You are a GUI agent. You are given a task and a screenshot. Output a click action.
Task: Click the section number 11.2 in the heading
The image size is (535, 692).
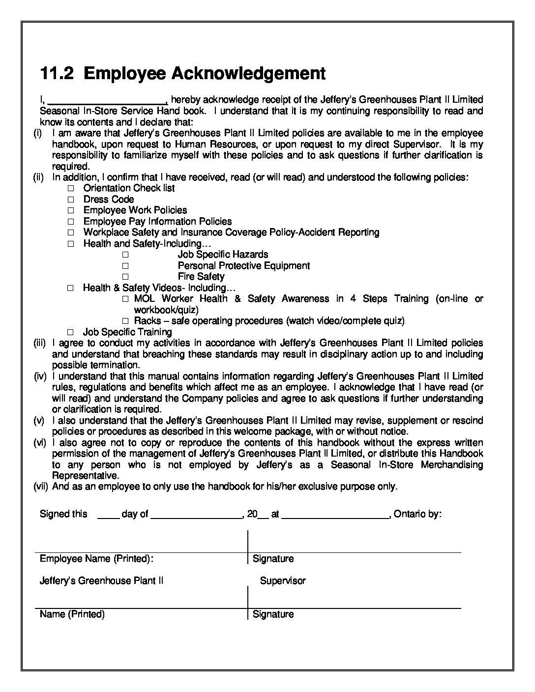(x=57, y=73)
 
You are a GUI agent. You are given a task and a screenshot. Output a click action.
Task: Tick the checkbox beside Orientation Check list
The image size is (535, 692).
(x=71, y=188)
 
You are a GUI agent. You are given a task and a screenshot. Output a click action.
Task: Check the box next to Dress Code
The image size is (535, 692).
(x=71, y=200)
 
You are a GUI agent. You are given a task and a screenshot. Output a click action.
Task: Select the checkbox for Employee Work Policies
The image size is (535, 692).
(x=71, y=210)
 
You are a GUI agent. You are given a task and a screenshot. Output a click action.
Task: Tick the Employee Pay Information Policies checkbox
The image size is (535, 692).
(x=71, y=222)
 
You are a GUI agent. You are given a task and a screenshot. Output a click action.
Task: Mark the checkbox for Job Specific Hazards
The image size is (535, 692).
(x=125, y=255)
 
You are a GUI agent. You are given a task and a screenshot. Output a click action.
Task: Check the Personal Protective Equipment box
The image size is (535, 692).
(x=125, y=266)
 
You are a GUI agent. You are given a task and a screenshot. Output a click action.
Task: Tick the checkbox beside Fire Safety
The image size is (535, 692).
(x=125, y=277)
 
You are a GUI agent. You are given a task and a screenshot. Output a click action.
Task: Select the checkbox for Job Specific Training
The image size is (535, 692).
(x=71, y=332)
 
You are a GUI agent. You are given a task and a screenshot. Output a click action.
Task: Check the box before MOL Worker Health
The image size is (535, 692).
(x=125, y=299)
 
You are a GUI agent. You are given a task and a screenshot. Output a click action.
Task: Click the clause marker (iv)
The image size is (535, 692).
(x=41, y=376)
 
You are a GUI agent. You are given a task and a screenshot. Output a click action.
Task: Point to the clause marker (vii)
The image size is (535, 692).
(x=41, y=487)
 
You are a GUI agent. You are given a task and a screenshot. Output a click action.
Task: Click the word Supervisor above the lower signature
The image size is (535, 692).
(x=283, y=581)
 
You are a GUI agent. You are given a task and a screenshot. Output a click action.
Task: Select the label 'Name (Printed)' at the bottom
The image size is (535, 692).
(x=72, y=614)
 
